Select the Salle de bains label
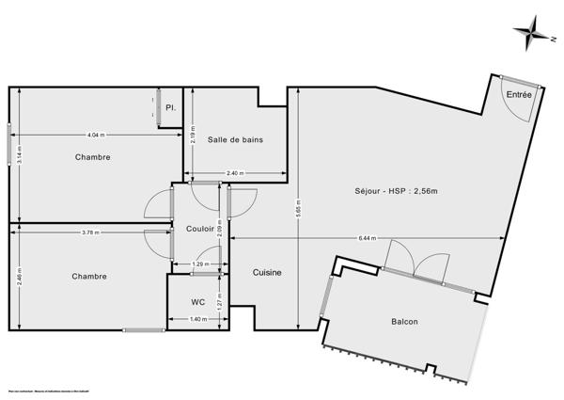[235, 139]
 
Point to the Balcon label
[404, 322]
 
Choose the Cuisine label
[267, 272]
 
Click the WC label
[197, 302]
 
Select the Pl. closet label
[170, 108]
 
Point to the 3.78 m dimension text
[92, 232]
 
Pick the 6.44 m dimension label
[366, 238]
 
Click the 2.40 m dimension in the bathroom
[235, 173]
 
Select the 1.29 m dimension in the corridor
[199, 264]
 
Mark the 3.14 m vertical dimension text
[20, 155]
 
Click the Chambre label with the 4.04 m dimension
[93, 157]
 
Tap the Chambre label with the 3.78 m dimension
[88, 276]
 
